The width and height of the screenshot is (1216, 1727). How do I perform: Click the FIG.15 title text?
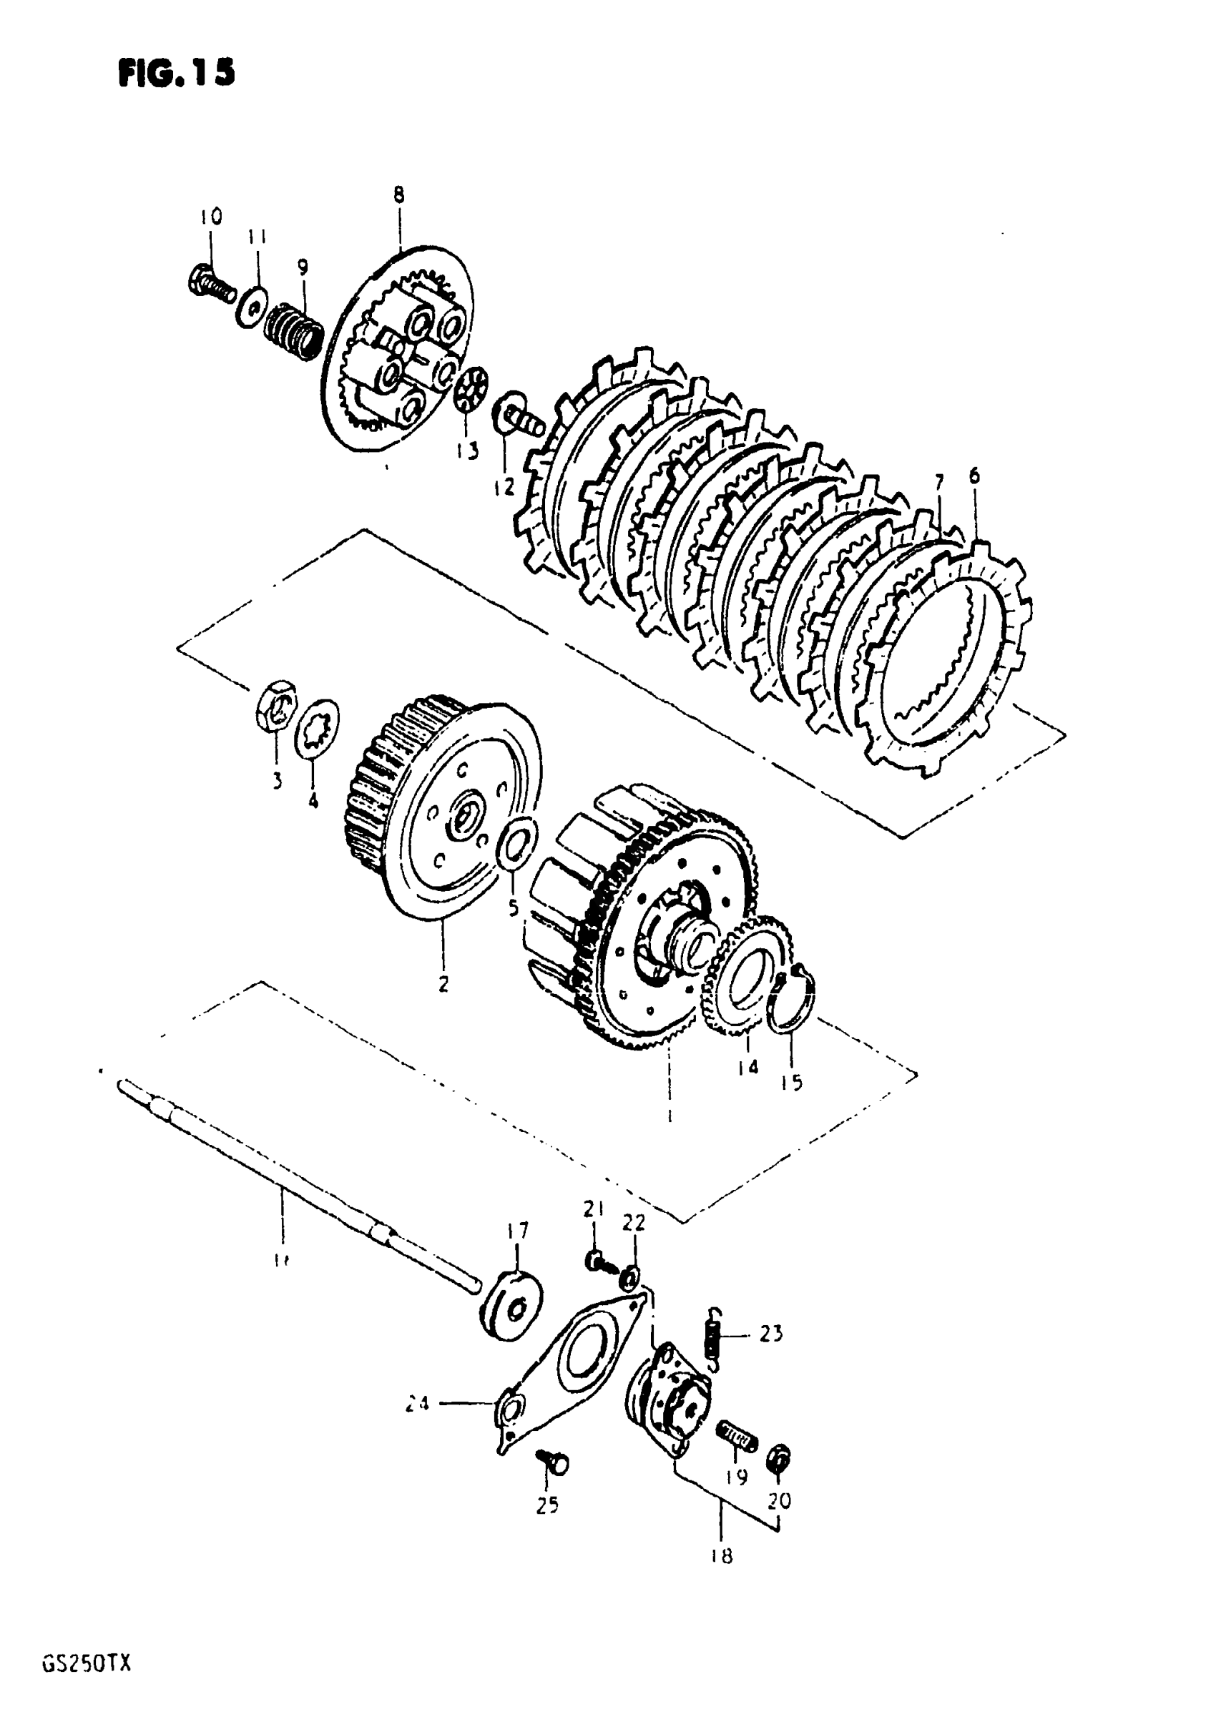click(x=176, y=73)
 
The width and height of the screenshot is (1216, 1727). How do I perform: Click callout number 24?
click(x=416, y=1403)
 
